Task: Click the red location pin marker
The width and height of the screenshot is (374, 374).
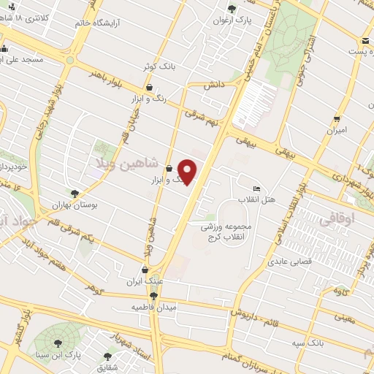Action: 188,171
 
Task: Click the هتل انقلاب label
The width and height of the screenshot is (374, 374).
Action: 256,199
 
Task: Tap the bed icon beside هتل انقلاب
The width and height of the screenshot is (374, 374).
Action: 255,188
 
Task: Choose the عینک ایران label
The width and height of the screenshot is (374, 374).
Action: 143,280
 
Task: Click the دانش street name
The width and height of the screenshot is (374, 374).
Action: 212,85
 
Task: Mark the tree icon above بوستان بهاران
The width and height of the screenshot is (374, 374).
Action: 75,193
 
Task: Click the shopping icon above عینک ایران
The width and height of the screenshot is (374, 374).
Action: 143,268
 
